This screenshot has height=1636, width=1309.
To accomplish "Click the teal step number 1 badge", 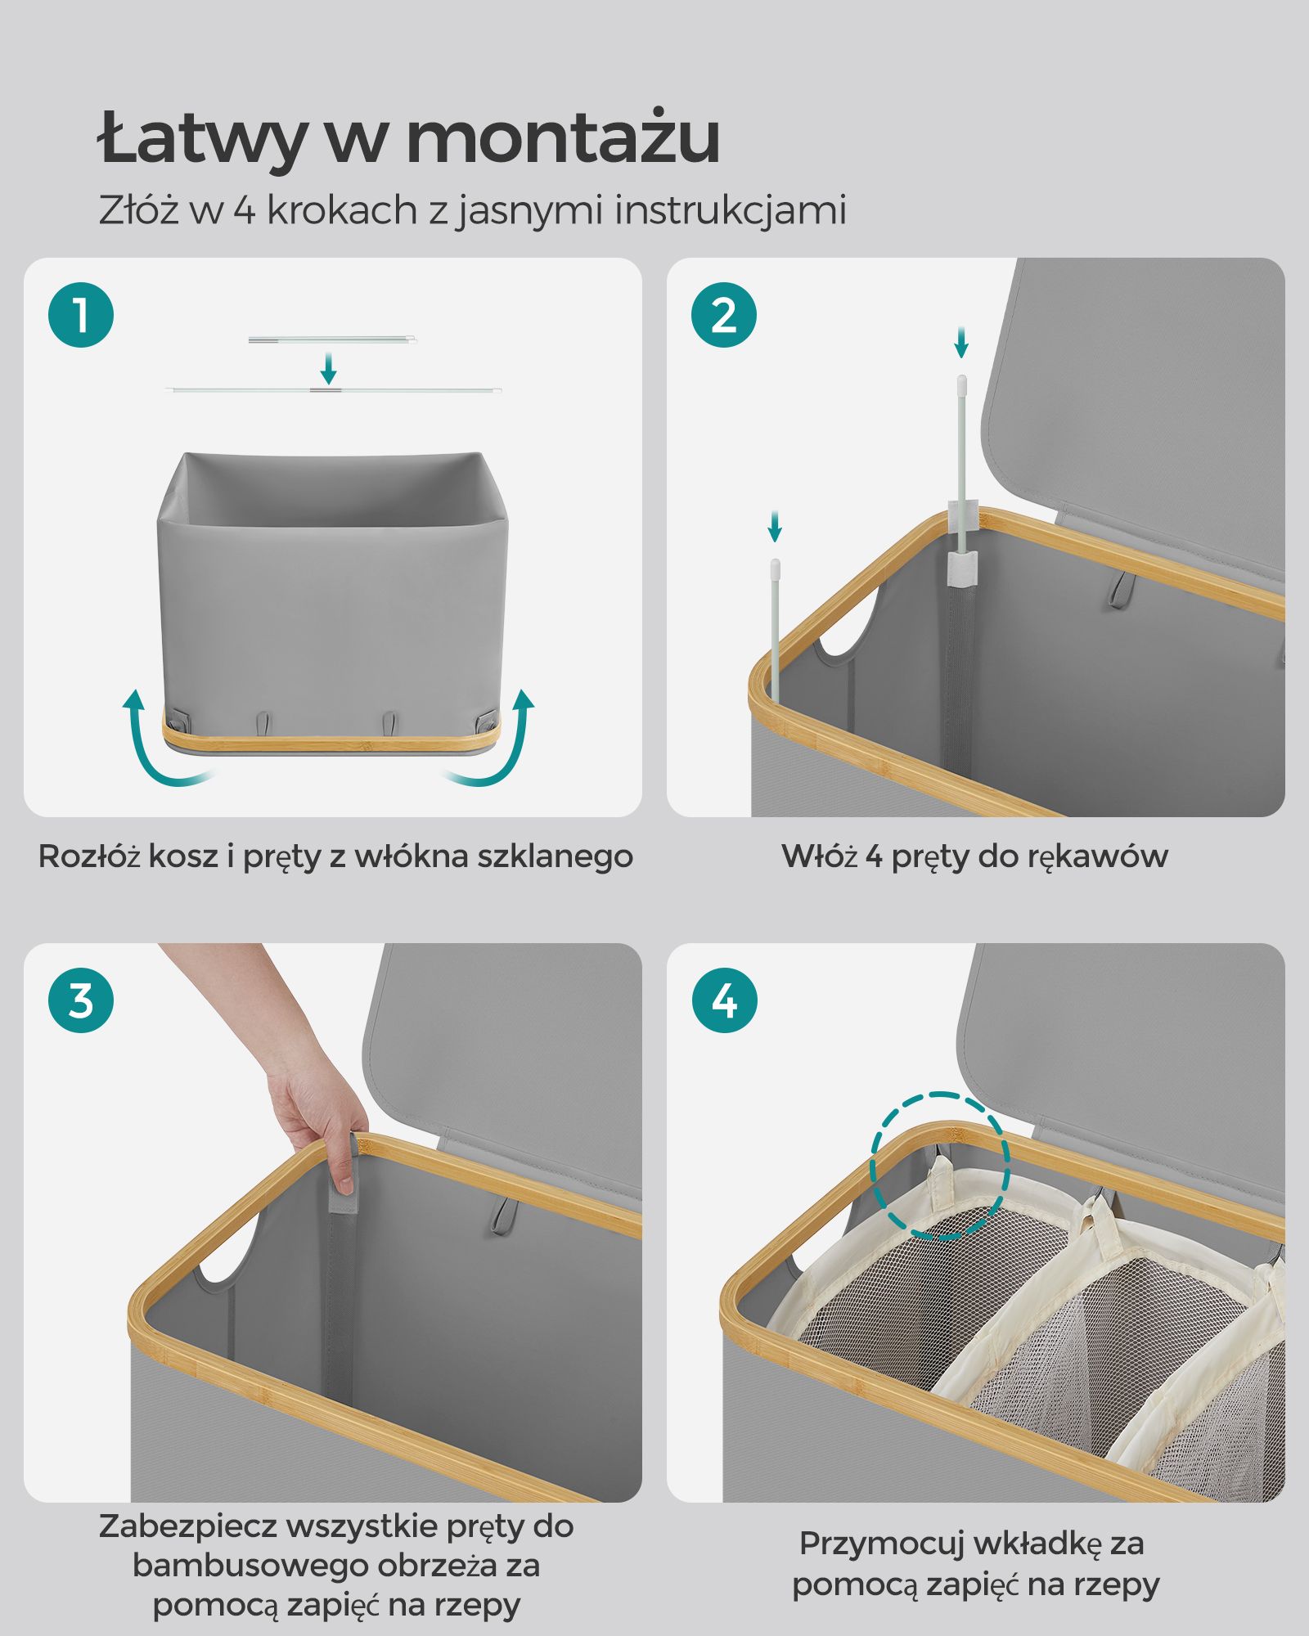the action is tap(81, 315).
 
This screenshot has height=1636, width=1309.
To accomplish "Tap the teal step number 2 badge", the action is tap(724, 315).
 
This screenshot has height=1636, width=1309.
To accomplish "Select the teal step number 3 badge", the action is tap(81, 1000).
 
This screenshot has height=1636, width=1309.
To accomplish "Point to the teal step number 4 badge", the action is tap(724, 1000).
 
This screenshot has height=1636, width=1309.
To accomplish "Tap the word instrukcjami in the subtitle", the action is tap(731, 211).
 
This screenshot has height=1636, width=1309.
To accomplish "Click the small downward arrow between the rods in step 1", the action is tap(328, 369).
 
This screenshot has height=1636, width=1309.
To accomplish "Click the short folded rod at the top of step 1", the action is tap(332, 339).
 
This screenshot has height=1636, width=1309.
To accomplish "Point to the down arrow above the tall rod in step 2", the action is tap(961, 342).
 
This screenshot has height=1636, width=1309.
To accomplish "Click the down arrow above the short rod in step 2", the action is tap(775, 526).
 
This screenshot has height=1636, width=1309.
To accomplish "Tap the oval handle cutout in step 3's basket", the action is tap(228, 1251).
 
